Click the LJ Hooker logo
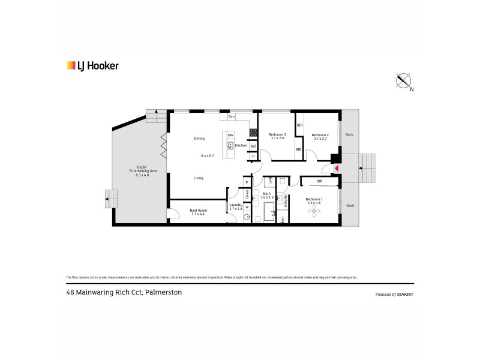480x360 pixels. [92, 66]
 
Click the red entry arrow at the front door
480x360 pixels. [337, 169]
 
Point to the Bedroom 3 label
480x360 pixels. [277, 134]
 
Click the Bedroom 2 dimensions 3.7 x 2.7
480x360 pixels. [319, 139]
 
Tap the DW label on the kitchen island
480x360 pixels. [230, 135]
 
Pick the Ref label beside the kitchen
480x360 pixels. [253, 146]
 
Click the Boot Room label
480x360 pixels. [199, 211]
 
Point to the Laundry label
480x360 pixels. [236, 205]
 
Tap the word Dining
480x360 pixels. [199, 139]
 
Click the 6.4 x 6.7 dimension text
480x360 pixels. [207, 156]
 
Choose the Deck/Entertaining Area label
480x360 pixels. [142, 170]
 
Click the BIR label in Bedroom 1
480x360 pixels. [320, 181]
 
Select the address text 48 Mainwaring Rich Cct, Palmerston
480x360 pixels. [124, 292]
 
